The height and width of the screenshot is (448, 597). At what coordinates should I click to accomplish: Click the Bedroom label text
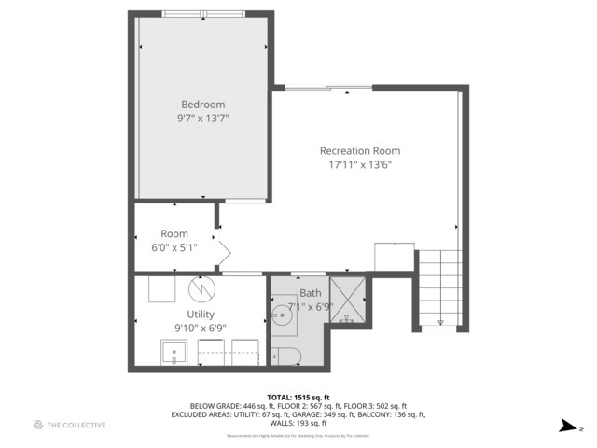[x=202, y=105]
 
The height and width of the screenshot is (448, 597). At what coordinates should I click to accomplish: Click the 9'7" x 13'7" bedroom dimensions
[x=202, y=119]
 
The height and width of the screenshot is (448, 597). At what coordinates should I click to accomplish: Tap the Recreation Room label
[x=359, y=151]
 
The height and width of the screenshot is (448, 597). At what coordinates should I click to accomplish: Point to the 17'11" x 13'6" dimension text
[x=359, y=165]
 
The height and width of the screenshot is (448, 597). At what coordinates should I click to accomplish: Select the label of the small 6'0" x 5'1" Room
[x=174, y=234]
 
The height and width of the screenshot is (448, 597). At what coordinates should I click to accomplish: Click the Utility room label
[x=200, y=315]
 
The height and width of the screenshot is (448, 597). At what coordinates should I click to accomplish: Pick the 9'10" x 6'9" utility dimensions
[x=200, y=328]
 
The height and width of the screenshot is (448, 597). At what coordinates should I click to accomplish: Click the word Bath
[x=310, y=293]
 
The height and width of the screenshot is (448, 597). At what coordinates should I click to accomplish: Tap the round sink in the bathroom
[x=284, y=315]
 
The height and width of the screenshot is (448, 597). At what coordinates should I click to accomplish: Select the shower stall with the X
[x=346, y=301]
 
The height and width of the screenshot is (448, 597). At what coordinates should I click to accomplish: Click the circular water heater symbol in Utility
[x=201, y=288]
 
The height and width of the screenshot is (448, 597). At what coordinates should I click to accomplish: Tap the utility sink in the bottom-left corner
[x=174, y=353]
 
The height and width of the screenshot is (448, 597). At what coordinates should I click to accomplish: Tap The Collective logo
[x=69, y=426]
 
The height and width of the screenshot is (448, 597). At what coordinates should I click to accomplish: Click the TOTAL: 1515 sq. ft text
[x=298, y=397]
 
